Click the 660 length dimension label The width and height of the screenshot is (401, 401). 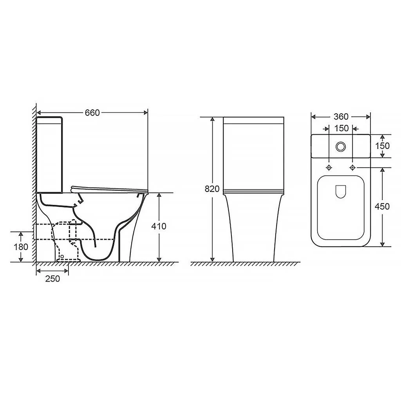pyautogui.click(x=92, y=112)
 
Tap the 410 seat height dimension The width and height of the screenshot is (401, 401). pyautogui.click(x=159, y=226)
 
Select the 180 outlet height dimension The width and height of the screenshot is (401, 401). pyautogui.click(x=21, y=247)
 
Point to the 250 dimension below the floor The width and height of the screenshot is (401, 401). pyautogui.click(x=52, y=278)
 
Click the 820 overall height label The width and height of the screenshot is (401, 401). pyautogui.click(x=212, y=189)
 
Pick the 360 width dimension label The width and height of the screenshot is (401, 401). pyautogui.click(x=341, y=117)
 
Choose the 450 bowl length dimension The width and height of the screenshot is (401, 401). pyautogui.click(x=382, y=206)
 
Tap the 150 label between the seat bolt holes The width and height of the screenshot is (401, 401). pyautogui.click(x=341, y=128)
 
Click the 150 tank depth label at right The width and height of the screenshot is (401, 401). pyautogui.click(x=382, y=146)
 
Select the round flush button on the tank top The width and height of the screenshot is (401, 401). pyautogui.click(x=341, y=146)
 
